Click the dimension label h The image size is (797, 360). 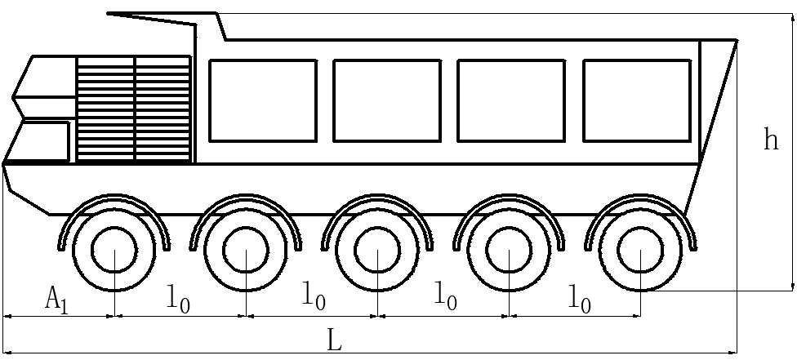click(770, 140)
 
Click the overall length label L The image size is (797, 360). click(334, 340)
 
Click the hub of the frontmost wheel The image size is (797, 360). click(114, 250)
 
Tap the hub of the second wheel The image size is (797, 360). click(246, 250)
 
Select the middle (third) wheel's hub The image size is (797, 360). click(377, 250)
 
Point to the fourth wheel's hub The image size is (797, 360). click(509, 250)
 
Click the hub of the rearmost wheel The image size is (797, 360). click(640, 250)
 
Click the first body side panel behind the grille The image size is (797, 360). click(262, 100)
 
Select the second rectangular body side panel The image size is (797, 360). click(387, 100)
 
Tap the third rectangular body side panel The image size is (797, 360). click(511, 100)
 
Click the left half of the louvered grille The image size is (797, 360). click(105, 109)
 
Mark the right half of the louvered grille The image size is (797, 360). click(163, 109)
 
